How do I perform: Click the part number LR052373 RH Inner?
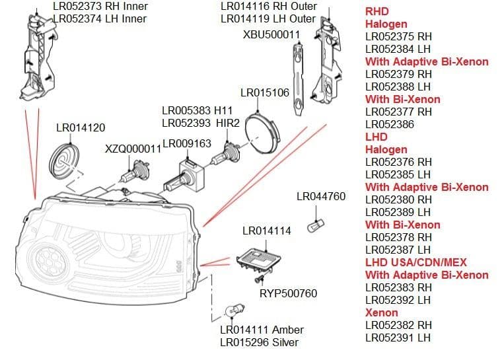coord(100,6)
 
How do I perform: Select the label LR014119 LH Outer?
coord(268,18)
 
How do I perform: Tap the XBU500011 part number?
coord(271,34)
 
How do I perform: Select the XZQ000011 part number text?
coord(133,149)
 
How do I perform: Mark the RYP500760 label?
coord(288,293)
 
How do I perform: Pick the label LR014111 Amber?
coord(262,330)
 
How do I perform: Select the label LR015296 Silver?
coord(259,342)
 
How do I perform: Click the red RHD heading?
coord(377,11)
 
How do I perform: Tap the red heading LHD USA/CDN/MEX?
coord(416,262)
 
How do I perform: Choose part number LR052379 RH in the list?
coord(398,74)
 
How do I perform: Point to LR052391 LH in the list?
coord(398,338)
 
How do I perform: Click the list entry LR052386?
coord(390,124)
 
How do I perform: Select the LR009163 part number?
coord(186,143)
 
